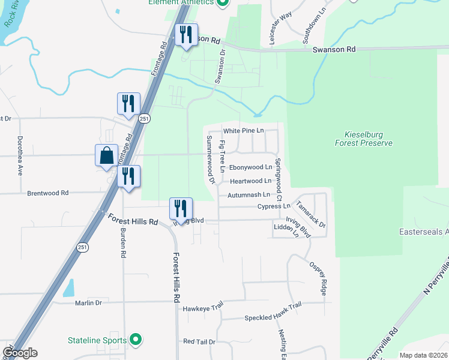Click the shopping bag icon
tap(106, 155)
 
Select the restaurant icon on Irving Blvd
tap(181, 208)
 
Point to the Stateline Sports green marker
tap(136, 340)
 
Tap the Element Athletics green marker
tap(223, 2)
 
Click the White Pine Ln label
tap(243, 130)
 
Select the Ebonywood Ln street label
tap(251, 167)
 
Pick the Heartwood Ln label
tap(250, 181)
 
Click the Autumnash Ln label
tap(249, 195)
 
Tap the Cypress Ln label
tap(273, 206)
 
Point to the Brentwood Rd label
tap(48, 193)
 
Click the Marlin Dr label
tap(88, 303)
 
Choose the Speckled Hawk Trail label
tap(272, 318)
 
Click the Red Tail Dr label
tap(199, 341)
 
